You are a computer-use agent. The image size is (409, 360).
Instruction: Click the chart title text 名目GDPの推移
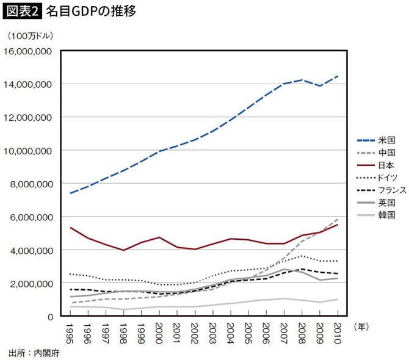point(90,12)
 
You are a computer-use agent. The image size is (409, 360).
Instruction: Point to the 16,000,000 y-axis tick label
point(29,51)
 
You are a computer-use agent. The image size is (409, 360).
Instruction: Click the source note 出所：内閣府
point(34,353)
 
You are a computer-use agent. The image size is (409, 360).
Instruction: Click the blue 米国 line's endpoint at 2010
point(338,76)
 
